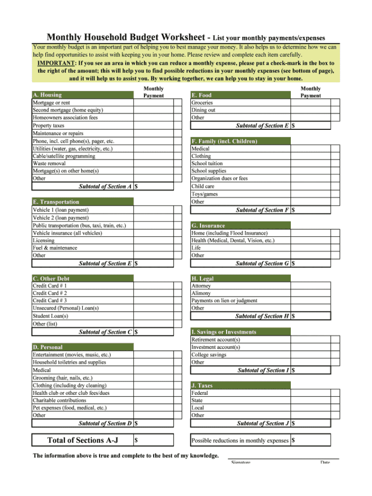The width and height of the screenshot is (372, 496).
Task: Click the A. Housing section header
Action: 47,95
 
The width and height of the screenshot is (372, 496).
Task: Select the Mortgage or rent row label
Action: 52,102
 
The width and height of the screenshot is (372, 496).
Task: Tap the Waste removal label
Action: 49,164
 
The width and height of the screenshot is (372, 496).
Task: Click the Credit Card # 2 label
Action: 50,293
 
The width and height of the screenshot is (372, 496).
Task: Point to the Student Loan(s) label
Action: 51,316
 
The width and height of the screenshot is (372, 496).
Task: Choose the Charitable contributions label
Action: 60,400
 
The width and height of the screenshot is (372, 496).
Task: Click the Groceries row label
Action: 202,102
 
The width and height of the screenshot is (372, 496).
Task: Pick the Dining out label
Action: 203,110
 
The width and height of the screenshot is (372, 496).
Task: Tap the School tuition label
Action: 207,164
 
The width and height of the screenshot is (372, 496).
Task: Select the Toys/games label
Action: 205,194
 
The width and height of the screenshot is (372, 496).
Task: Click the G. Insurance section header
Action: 208,226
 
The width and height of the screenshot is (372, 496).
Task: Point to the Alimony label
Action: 201,294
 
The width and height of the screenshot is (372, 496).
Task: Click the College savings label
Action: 209,355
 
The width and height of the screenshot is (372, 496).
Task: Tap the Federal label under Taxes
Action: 200,393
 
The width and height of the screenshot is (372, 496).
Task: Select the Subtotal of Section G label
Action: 262,264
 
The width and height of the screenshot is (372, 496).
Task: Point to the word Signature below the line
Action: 241,463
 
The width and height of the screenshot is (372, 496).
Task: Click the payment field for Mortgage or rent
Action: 153,102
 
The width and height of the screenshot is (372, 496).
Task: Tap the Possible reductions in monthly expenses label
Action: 240,440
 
